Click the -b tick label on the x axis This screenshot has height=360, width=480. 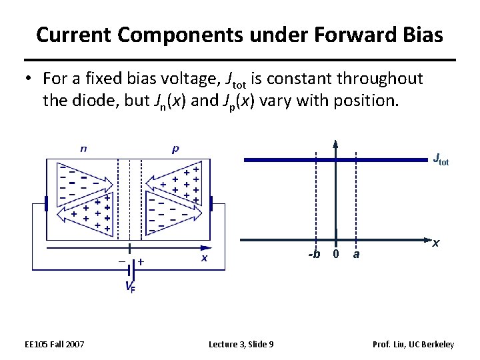coord(313,254)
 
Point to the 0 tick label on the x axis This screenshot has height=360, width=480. coord(336,254)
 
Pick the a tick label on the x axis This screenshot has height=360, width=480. coord(357,254)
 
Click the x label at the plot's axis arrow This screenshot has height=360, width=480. coord(435,243)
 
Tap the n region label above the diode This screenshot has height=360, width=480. coord(83,149)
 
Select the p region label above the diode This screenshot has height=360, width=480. coord(175,149)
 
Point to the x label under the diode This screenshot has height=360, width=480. coord(204,257)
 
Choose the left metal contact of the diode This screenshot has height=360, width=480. coord(46,204)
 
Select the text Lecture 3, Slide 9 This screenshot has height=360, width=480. coord(241,344)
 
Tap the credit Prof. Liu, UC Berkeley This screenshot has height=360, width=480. coord(414,344)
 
